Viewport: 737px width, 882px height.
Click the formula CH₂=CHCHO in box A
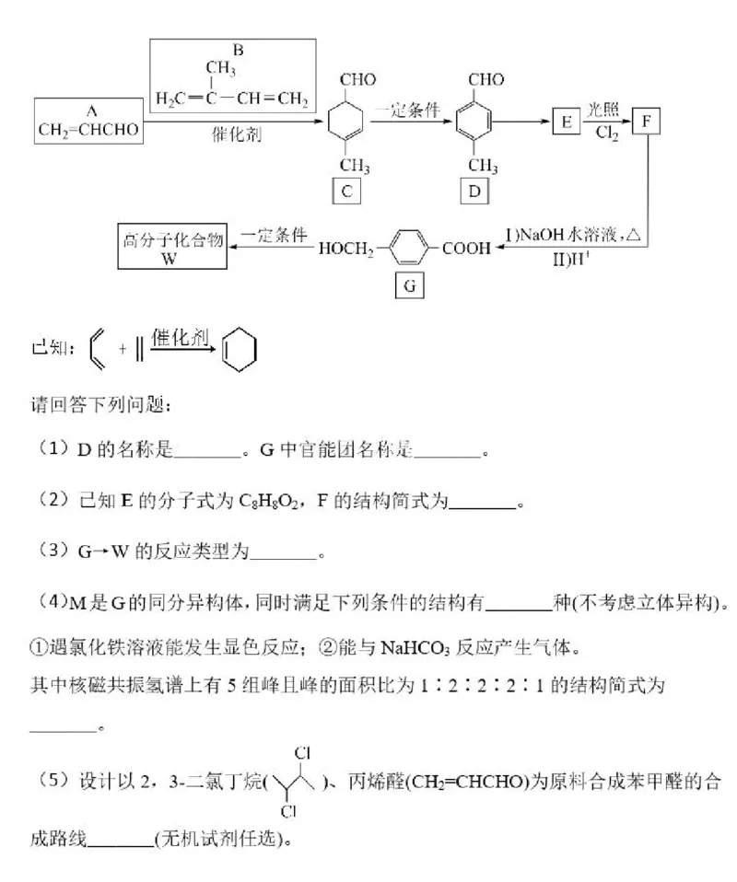click(88, 130)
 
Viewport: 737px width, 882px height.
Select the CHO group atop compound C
click(357, 80)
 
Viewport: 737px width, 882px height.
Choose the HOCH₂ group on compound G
click(347, 248)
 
